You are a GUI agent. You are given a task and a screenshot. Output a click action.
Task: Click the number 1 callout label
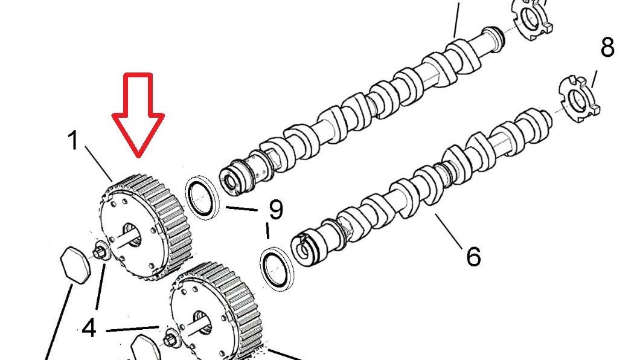pos(73,140)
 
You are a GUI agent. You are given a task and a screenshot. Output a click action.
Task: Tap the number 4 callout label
pos(89,328)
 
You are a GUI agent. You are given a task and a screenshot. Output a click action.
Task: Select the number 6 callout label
pos(473,257)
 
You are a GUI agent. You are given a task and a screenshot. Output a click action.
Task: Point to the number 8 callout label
pos(607,47)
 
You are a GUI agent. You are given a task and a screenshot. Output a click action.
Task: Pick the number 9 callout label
pos(276,210)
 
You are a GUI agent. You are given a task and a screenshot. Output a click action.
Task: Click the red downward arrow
pos(138,115)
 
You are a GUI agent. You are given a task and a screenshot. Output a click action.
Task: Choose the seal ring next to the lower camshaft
pos(277,269)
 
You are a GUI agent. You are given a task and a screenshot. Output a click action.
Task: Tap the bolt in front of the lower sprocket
pos(170,339)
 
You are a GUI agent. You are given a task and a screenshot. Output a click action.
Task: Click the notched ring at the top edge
pos(531,19)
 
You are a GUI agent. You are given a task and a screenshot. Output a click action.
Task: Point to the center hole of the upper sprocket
pos(132,236)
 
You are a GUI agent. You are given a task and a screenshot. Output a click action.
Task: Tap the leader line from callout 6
pos(449,230)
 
